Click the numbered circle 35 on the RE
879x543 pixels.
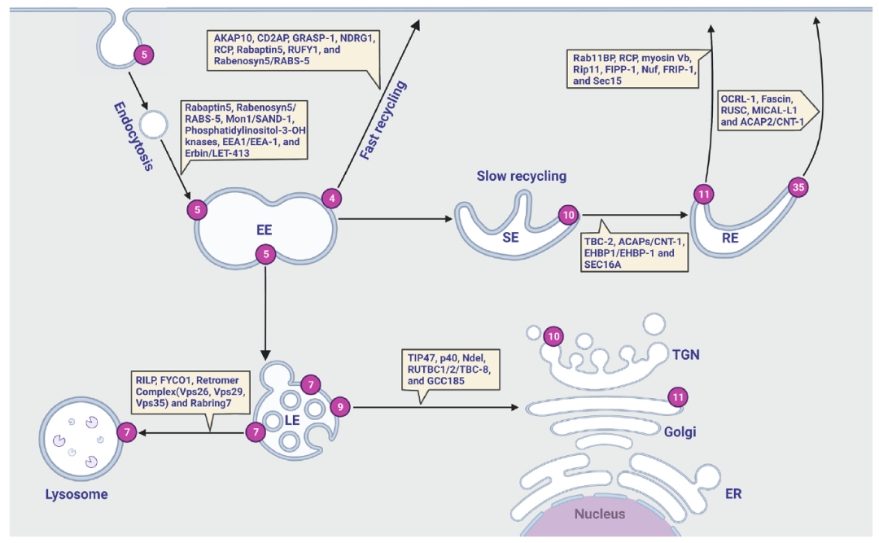click(x=798, y=186)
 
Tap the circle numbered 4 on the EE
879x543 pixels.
click(x=332, y=198)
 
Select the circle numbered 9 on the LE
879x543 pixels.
click(x=339, y=407)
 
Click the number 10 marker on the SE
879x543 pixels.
click(x=568, y=215)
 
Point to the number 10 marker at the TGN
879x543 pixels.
click(x=553, y=336)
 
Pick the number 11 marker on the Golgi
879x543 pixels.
click(x=678, y=397)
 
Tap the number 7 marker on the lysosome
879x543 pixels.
click(x=127, y=432)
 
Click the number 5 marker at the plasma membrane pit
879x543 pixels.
click(x=144, y=55)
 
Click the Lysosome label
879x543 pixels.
click(x=77, y=494)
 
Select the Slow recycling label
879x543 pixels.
click(x=522, y=176)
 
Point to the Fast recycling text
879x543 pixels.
click(x=383, y=120)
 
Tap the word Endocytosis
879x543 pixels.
click(x=133, y=136)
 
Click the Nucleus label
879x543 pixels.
click(x=599, y=514)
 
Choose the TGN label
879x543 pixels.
click(x=686, y=354)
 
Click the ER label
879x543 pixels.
click(x=733, y=493)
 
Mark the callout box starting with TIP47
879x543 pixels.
click(x=450, y=370)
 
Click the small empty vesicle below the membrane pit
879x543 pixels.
click(x=154, y=125)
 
